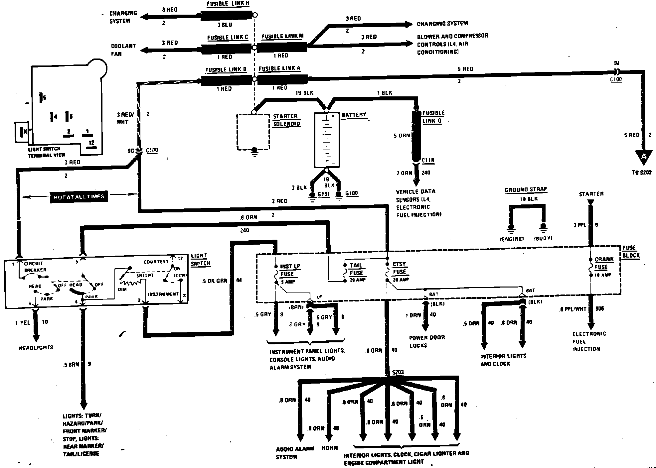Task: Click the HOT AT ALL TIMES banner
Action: pyautogui.click(x=79, y=197)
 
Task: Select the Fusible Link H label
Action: pyautogui.click(x=228, y=4)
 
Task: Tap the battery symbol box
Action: pyautogui.click(x=327, y=140)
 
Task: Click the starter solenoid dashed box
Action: pyautogui.click(x=253, y=132)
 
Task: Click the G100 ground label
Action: pyautogui.click(x=352, y=193)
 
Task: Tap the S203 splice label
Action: pyautogui.click(x=398, y=372)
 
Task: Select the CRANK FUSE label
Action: pyautogui.click(x=604, y=263)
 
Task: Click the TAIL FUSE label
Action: pyautogui.click(x=356, y=269)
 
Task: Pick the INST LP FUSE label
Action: pyautogui.click(x=290, y=270)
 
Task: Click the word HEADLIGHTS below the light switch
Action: pyautogui.click(x=36, y=348)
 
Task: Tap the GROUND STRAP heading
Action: pyautogui.click(x=526, y=190)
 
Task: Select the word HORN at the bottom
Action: pyautogui.click(x=329, y=448)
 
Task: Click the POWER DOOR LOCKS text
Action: pyautogui.click(x=426, y=341)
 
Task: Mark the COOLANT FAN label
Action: pyautogui.click(x=123, y=50)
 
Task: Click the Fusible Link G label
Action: pyautogui.click(x=433, y=117)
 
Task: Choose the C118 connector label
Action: pyautogui.click(x=428, y=161)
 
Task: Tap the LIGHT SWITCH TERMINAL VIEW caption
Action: pyautogui.click(x=47, y=152)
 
